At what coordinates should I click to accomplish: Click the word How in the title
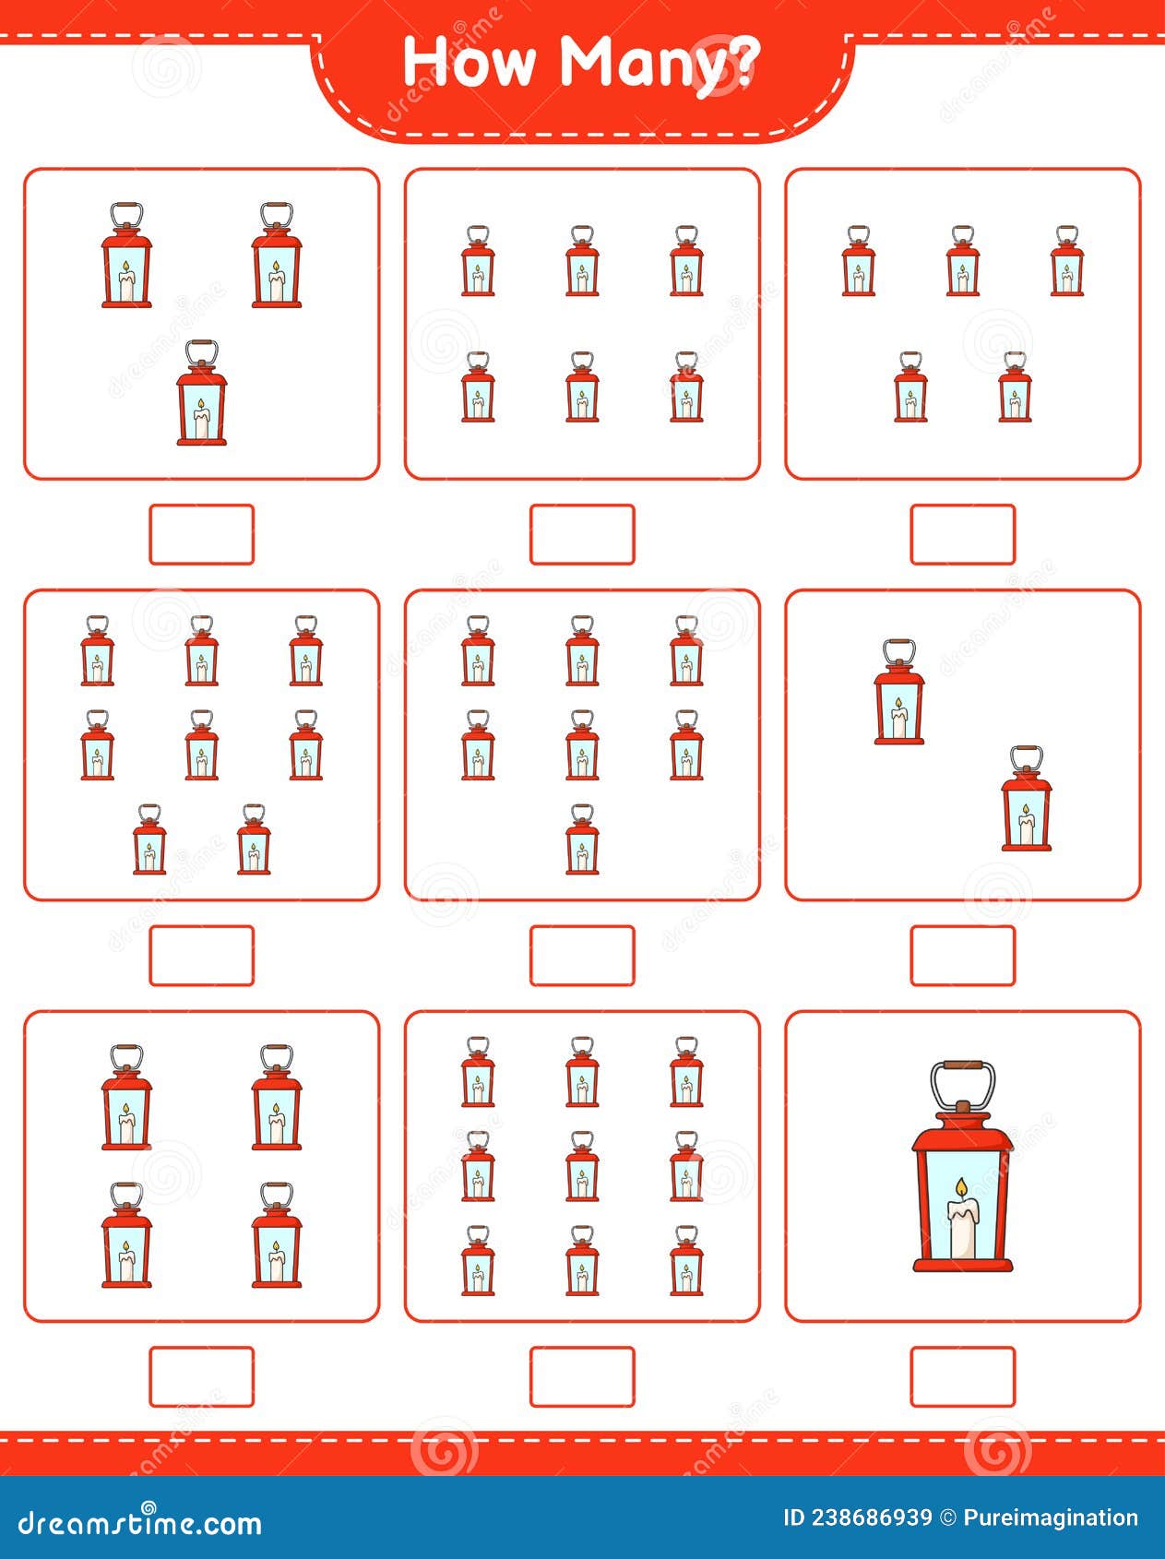(470, 63)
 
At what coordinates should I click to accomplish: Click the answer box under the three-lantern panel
(201, 534)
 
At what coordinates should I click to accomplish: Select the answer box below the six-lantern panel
(582, 534)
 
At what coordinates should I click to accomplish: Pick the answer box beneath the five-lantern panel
(963, 534)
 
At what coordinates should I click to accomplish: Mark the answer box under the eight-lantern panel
(201, 956)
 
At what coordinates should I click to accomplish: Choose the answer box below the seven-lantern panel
(582, 956)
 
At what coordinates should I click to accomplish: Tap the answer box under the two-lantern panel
(963, 956)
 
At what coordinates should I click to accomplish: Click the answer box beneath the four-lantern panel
(201, 1377)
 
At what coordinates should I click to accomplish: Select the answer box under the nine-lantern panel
(582, 1377)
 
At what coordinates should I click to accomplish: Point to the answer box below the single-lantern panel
(963, 1377)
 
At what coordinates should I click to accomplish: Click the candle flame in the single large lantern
(961, 1191)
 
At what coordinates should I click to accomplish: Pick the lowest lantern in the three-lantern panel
(202, 393)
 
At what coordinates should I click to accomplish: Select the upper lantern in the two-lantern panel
(899, 692)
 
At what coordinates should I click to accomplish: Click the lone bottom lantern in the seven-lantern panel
(582, 839)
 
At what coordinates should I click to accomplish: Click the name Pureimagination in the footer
(1051, 1518)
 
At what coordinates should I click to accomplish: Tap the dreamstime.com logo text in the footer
(140, 1523)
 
